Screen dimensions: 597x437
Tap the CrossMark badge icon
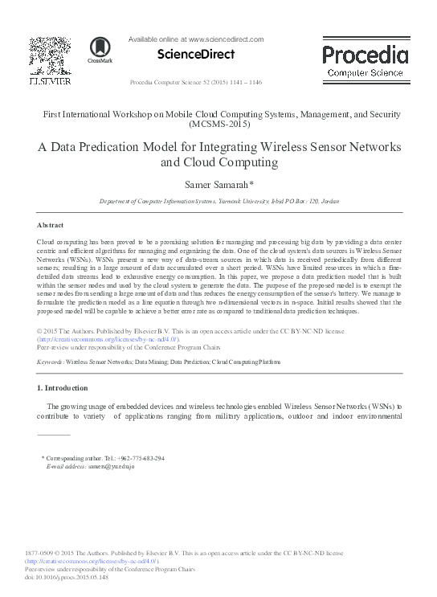click(100, 50)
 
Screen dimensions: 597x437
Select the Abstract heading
click(51, 225)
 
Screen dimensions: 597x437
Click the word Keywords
click(50, 363)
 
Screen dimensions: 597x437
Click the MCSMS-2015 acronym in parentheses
click(218, 125)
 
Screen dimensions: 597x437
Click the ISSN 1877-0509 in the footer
click(40, 554)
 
